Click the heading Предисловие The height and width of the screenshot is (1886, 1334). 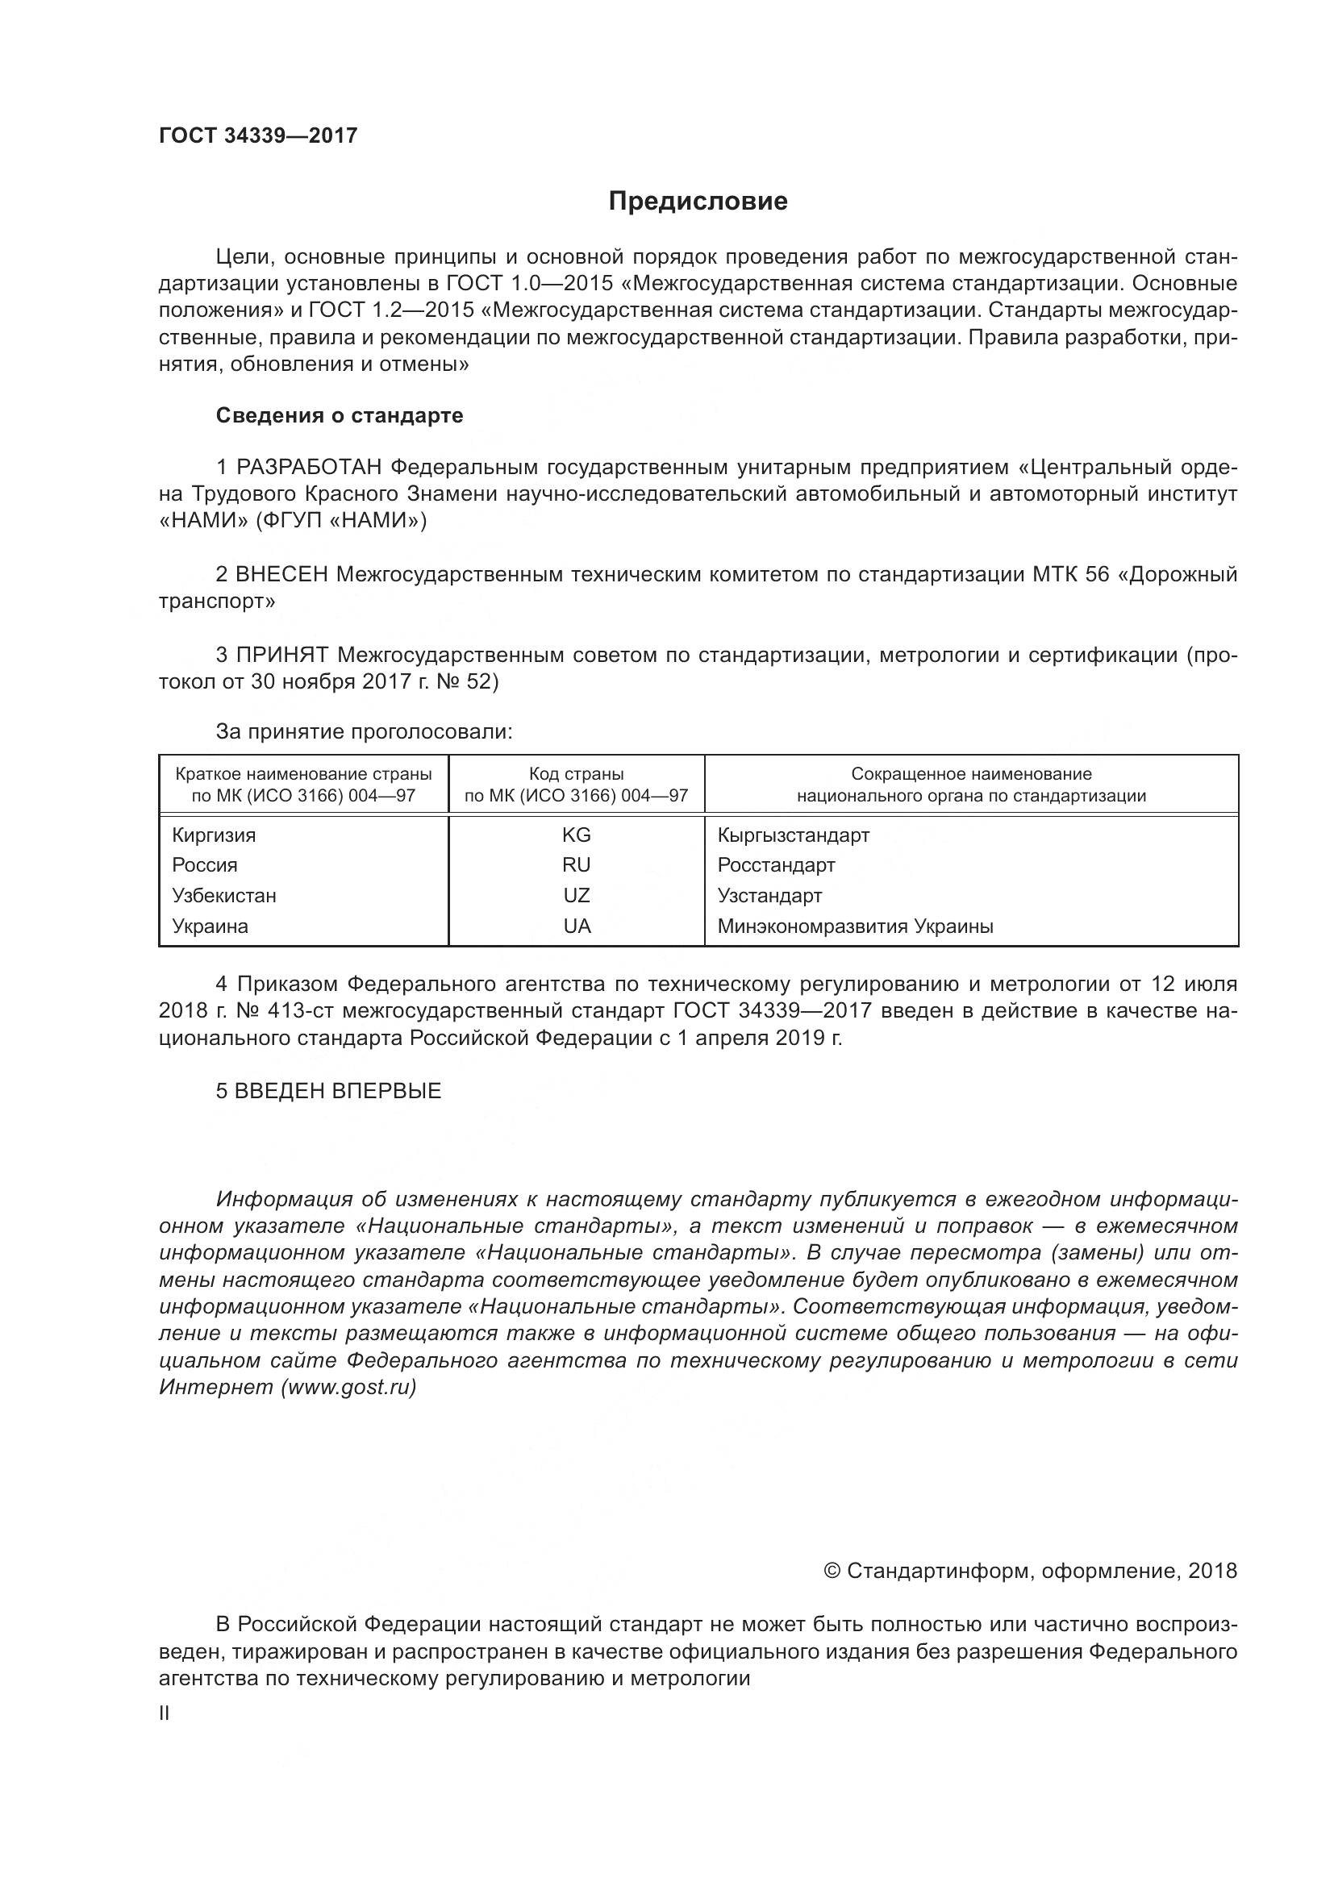(x=698, y=202)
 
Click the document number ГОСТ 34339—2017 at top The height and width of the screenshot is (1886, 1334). (x=258, y=135)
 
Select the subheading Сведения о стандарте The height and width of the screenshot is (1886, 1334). (x=340, y=415)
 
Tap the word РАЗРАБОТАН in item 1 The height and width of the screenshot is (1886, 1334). (x=309, y=468)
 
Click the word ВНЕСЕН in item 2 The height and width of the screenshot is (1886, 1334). (x=281, y=574)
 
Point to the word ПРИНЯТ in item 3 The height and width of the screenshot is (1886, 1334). (x=282, y=655)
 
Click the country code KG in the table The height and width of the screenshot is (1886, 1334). (x=576, y=835)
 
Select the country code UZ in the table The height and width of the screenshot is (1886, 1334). (x=576, y=895)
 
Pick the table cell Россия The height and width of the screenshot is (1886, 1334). (x=205, y=865)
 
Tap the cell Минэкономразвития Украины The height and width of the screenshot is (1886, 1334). (x=855, y=926)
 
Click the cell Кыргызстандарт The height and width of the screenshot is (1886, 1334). (x=793, y=835)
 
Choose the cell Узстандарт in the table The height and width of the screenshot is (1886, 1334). (x=769, y=895)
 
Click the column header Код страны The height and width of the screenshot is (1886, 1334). (x=576, y=774)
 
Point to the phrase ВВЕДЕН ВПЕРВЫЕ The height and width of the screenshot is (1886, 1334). (x=338, y=1091)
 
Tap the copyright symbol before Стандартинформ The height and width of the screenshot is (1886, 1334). (x=832, y=1572)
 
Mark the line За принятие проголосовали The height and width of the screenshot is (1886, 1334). (x=364, y=731)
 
